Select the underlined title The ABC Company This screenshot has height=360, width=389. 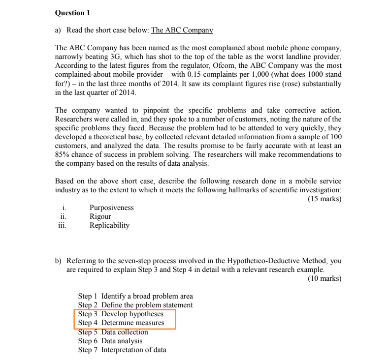point(182,30)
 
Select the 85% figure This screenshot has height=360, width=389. point(64,154)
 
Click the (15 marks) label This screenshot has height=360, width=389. point(324,199)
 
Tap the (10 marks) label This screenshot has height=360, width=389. point(324,278)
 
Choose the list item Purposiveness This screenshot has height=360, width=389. point(111,208)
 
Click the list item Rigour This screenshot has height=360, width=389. point(100,216)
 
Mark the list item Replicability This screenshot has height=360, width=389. point(109,225)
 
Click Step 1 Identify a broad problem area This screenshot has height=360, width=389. point(135,296)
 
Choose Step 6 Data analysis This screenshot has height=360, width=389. point(110,340)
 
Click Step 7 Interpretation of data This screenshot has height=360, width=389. point(122,350)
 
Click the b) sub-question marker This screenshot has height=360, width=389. point(59,261)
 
